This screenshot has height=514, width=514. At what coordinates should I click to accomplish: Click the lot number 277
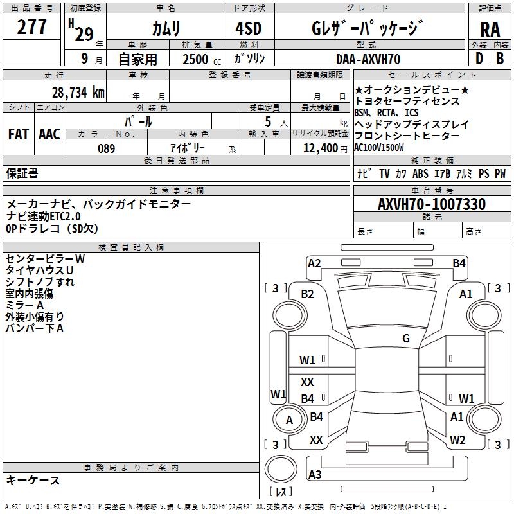click(x=31, y=27)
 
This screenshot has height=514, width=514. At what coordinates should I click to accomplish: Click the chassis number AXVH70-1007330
click(x=431, y=204)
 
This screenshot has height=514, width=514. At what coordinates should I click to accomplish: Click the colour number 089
click(x=106, y=148)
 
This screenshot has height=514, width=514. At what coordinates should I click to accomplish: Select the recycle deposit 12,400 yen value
click(x=319, y=148)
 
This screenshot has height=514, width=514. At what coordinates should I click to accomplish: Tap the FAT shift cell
click(x=18, y=134)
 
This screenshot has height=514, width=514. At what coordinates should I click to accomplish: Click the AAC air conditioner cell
click(x=49, y=134)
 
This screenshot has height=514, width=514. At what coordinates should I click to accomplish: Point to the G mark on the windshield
click(x=406, y=339)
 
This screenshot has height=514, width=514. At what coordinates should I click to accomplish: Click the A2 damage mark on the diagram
click(x=314, y=263)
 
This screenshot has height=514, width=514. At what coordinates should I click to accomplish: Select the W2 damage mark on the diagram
click(x=457, y=439)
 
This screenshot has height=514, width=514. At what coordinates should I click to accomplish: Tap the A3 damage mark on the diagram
click(x=315, y=475)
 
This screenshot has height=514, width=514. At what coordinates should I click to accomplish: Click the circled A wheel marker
click(x=289, y=420)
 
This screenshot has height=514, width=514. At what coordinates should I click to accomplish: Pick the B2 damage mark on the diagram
click(x=308, y=294)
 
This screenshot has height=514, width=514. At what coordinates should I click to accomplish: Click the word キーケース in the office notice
click(x=33, y=480)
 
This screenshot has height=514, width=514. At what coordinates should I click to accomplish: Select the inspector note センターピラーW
click(x=45, y=258)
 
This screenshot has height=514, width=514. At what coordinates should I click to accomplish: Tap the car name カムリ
click(x=166, y=28)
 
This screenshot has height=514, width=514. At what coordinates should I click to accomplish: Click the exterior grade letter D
click(x=479, y=58)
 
